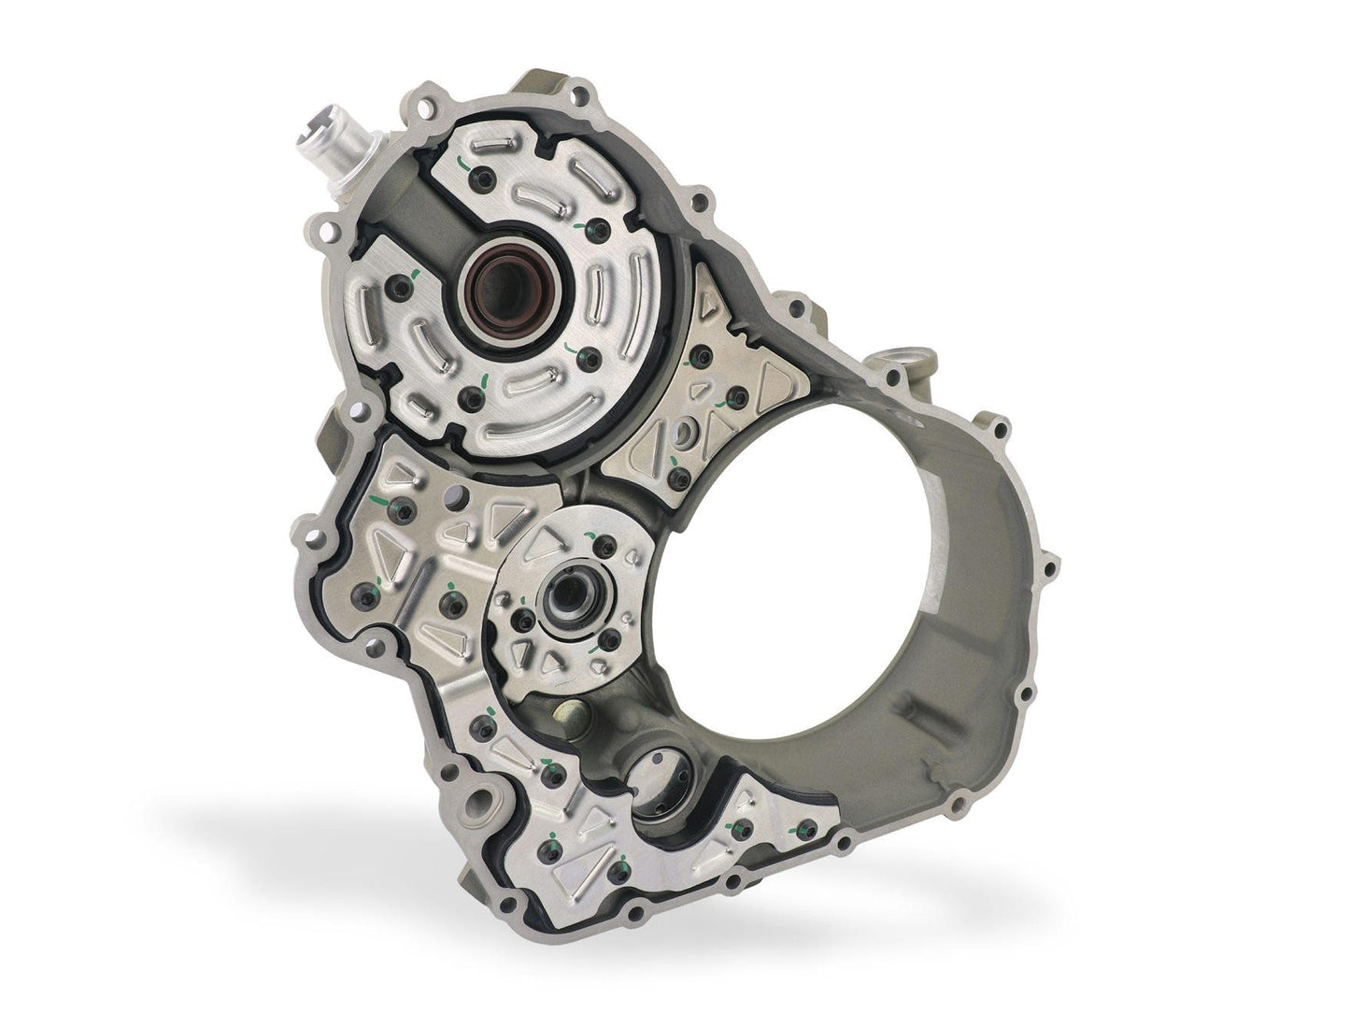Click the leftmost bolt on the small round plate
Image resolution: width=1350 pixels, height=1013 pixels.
point(525,621)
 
